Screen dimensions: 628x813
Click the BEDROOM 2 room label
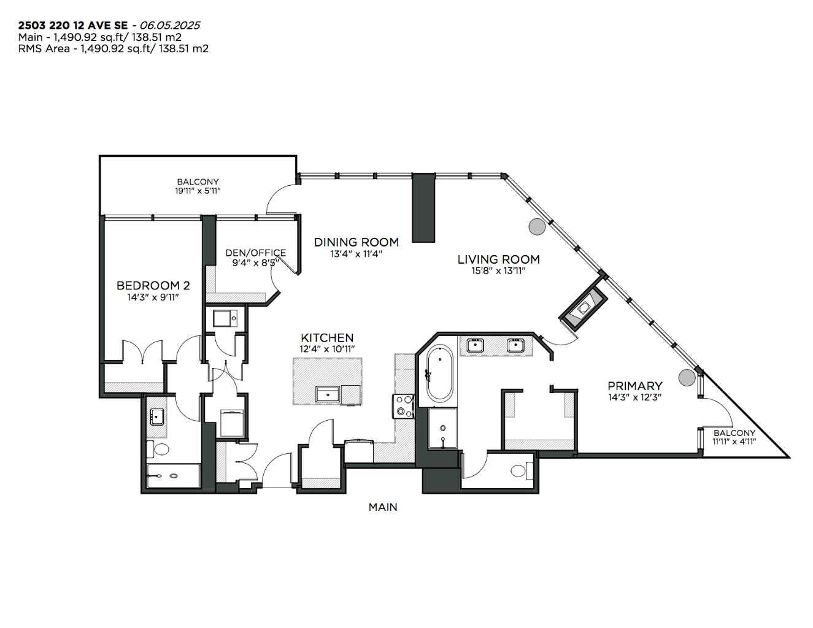click(x=153, y=285)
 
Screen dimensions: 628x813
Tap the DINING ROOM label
click(x=356, y=242)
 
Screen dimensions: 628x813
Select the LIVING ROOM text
click(x=498, y=259)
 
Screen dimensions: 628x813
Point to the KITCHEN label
click(x=327, y=338)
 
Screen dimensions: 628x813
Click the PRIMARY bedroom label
click(x=634, y=386)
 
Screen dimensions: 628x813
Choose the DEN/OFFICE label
click(x=255, y=253)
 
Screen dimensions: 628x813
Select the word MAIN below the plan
click(x=383, y=507)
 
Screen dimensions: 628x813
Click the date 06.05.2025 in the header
click(x=169, y=25)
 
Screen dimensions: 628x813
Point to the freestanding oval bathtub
click(x=439, y=373)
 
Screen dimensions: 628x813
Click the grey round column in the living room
click(x=537, y=227)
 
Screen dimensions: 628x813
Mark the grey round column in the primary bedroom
click(x=686, y=377)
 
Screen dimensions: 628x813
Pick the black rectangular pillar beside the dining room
click(x=423, y=208)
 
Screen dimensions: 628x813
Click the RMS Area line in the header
click(x=114, y=48)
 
